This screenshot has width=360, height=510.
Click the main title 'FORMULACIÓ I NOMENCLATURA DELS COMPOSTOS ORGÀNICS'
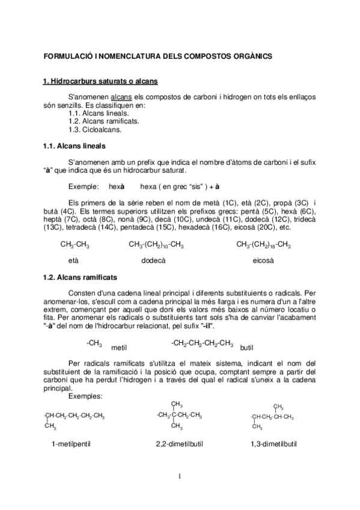158,56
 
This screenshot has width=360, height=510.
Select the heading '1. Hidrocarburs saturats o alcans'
100,81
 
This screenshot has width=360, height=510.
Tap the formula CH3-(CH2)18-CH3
264,245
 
